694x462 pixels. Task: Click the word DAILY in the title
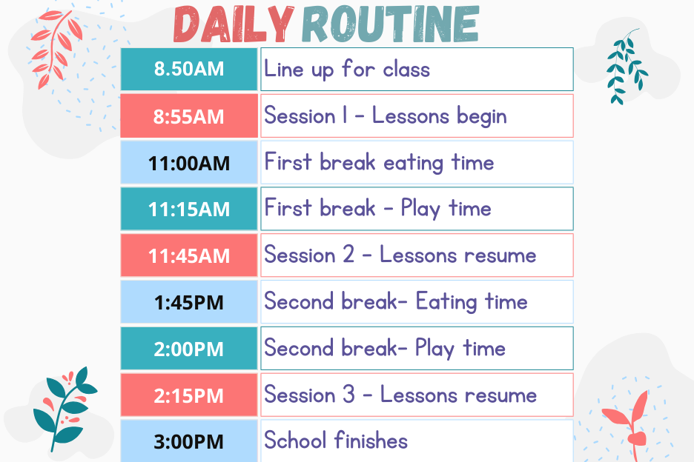[234, 24]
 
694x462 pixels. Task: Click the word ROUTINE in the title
[390, 24]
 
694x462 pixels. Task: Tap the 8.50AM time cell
[189, 70]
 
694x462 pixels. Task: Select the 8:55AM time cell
[189, 115]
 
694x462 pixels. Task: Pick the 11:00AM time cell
[189, 162]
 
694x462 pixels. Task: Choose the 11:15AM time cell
[189, 209]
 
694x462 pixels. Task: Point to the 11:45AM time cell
[189, 255]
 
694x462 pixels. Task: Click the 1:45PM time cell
[189, 302]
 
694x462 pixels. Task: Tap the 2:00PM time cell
[189, 349]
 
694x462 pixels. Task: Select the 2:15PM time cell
[189, 395]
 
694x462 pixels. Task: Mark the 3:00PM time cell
[189, 441]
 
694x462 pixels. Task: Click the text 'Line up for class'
[347, 70]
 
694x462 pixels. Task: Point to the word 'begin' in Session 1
[481, 117]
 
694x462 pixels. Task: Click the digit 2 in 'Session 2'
[348, 255]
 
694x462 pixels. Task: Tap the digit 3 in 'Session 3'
[349, 394]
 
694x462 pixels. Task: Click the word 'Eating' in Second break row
[446, 302]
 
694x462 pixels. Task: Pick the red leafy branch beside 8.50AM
[56, 49]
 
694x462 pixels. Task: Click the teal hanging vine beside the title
[627, 67]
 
